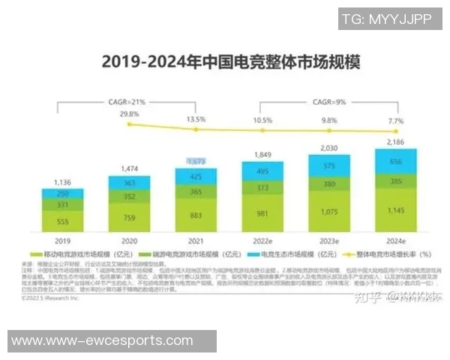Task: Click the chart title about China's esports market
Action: coord(224,61)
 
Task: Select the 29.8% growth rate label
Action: coord(129,114)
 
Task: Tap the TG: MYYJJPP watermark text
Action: coord(387,19)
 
